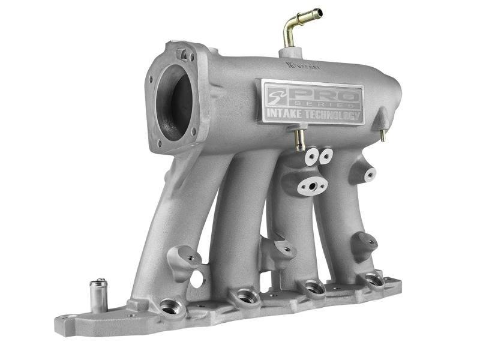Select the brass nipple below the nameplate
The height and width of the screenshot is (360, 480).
(x=298, y=139)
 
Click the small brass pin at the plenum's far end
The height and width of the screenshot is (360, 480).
(x=382, y=135)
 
